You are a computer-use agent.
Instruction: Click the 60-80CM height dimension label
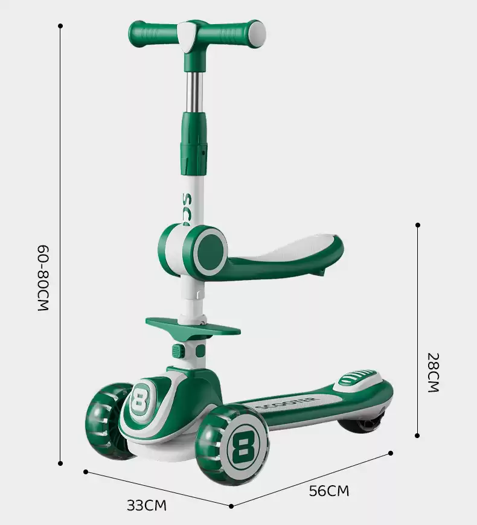point(43,278)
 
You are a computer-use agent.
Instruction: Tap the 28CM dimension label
point(433,372)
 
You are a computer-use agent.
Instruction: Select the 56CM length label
point(329,491)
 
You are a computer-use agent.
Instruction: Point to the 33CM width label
point(146,506)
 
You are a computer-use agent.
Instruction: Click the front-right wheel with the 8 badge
point(232,445)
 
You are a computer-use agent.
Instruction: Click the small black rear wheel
point(363,424)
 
